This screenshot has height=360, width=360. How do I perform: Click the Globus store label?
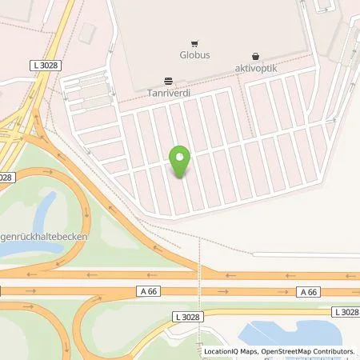pos(194,56)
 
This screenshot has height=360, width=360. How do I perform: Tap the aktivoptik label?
pos(255,69)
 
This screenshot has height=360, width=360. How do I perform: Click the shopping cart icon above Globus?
pos(194,44)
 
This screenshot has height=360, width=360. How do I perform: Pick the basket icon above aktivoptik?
pos(255,57)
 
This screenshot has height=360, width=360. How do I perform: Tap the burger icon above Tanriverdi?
pos(168,80)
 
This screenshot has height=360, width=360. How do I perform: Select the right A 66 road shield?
pos(308,292)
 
